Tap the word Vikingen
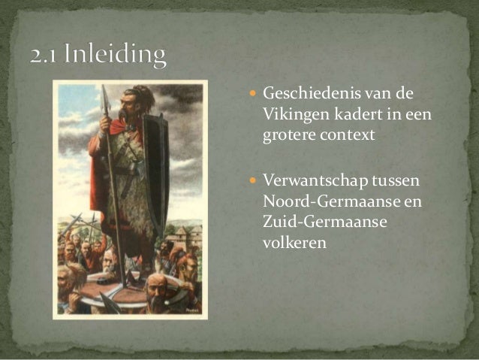coord(293,115)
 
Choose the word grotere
coord(289,136)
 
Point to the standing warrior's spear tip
coord(105,95)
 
